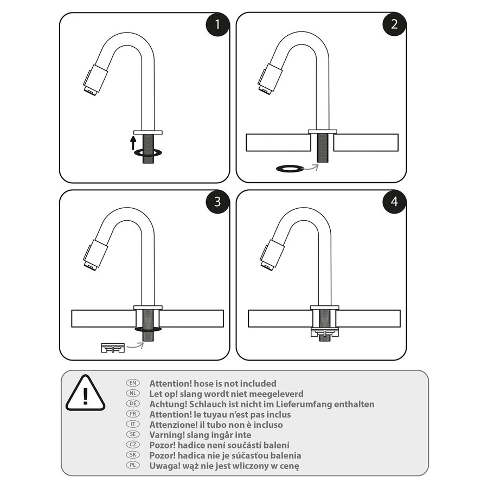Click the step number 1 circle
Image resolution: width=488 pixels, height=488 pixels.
point(218,24)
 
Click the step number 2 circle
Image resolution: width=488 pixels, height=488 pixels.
point(394,24)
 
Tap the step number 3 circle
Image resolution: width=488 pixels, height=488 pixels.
point(218,202)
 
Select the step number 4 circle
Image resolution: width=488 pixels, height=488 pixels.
point(394,202)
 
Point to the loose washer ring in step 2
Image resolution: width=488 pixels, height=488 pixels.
point(290,169)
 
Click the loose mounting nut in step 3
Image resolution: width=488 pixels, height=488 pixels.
point(113,347)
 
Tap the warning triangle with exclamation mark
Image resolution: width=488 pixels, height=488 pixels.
point(85,393)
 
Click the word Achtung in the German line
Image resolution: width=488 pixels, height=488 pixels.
point(168,404)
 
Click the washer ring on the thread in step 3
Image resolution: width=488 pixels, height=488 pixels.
point(148,329)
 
